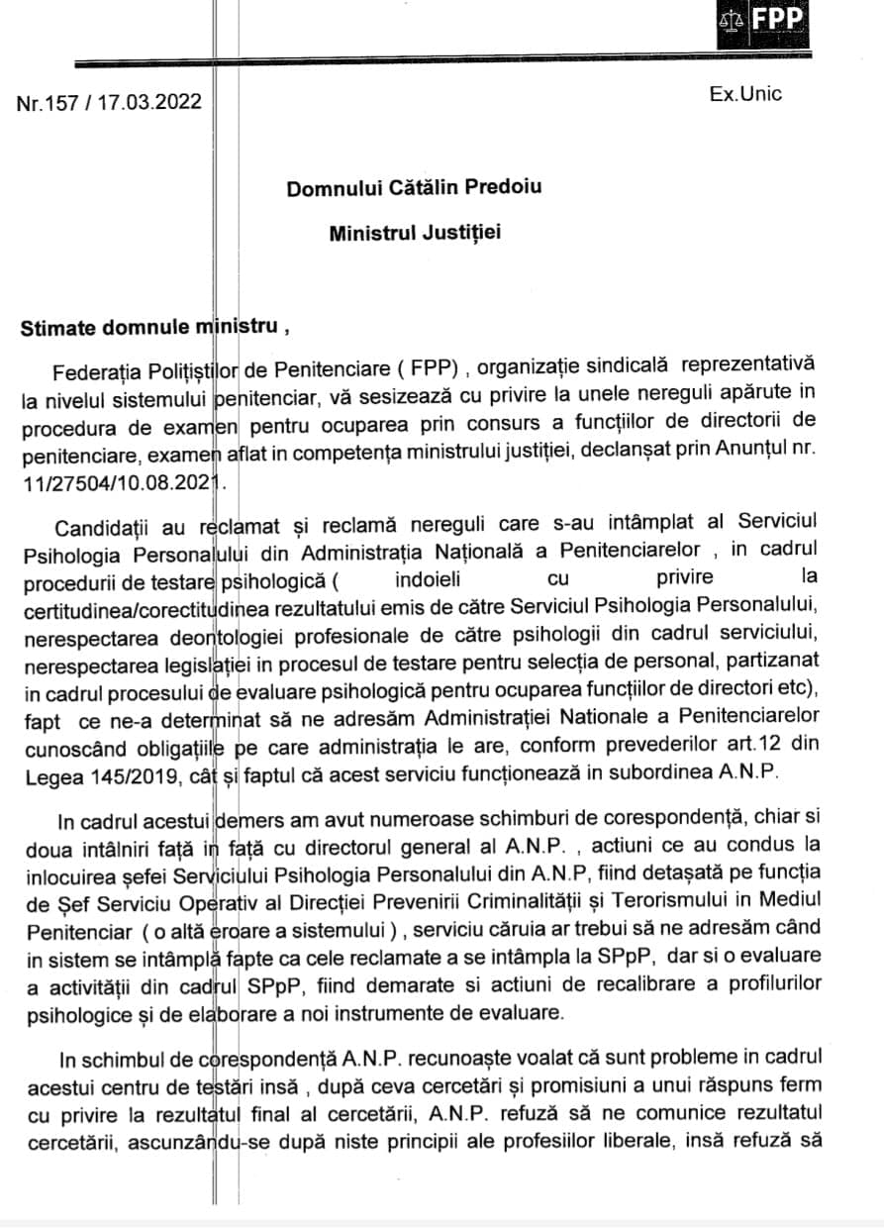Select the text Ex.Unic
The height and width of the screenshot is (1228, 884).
coord(745,94)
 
